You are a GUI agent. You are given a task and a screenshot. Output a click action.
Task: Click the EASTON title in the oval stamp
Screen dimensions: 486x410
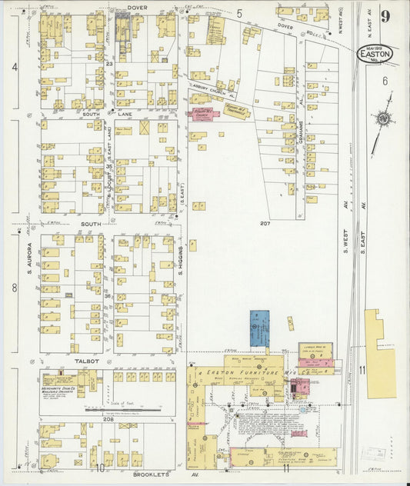pyautogui.click(x=376, y=54)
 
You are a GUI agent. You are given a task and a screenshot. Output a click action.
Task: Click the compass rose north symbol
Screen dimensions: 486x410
pyautogui.click(x=382, y=119)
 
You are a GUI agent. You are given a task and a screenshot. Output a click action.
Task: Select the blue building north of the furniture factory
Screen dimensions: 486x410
pyautogui.click(x=260, y=328)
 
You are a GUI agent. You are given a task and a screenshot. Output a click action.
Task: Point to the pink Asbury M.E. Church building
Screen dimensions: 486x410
pyautogui.click(x=202, y=113)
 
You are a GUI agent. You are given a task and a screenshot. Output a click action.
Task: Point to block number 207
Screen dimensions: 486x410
pyautogui.click(x=265, y=224)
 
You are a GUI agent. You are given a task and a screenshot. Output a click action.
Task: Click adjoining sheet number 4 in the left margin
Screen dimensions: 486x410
pyautogui.click(x=15, y=67)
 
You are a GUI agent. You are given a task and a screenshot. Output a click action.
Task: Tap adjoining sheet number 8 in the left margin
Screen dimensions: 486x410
pyautogui.click(x=15, y=288)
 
